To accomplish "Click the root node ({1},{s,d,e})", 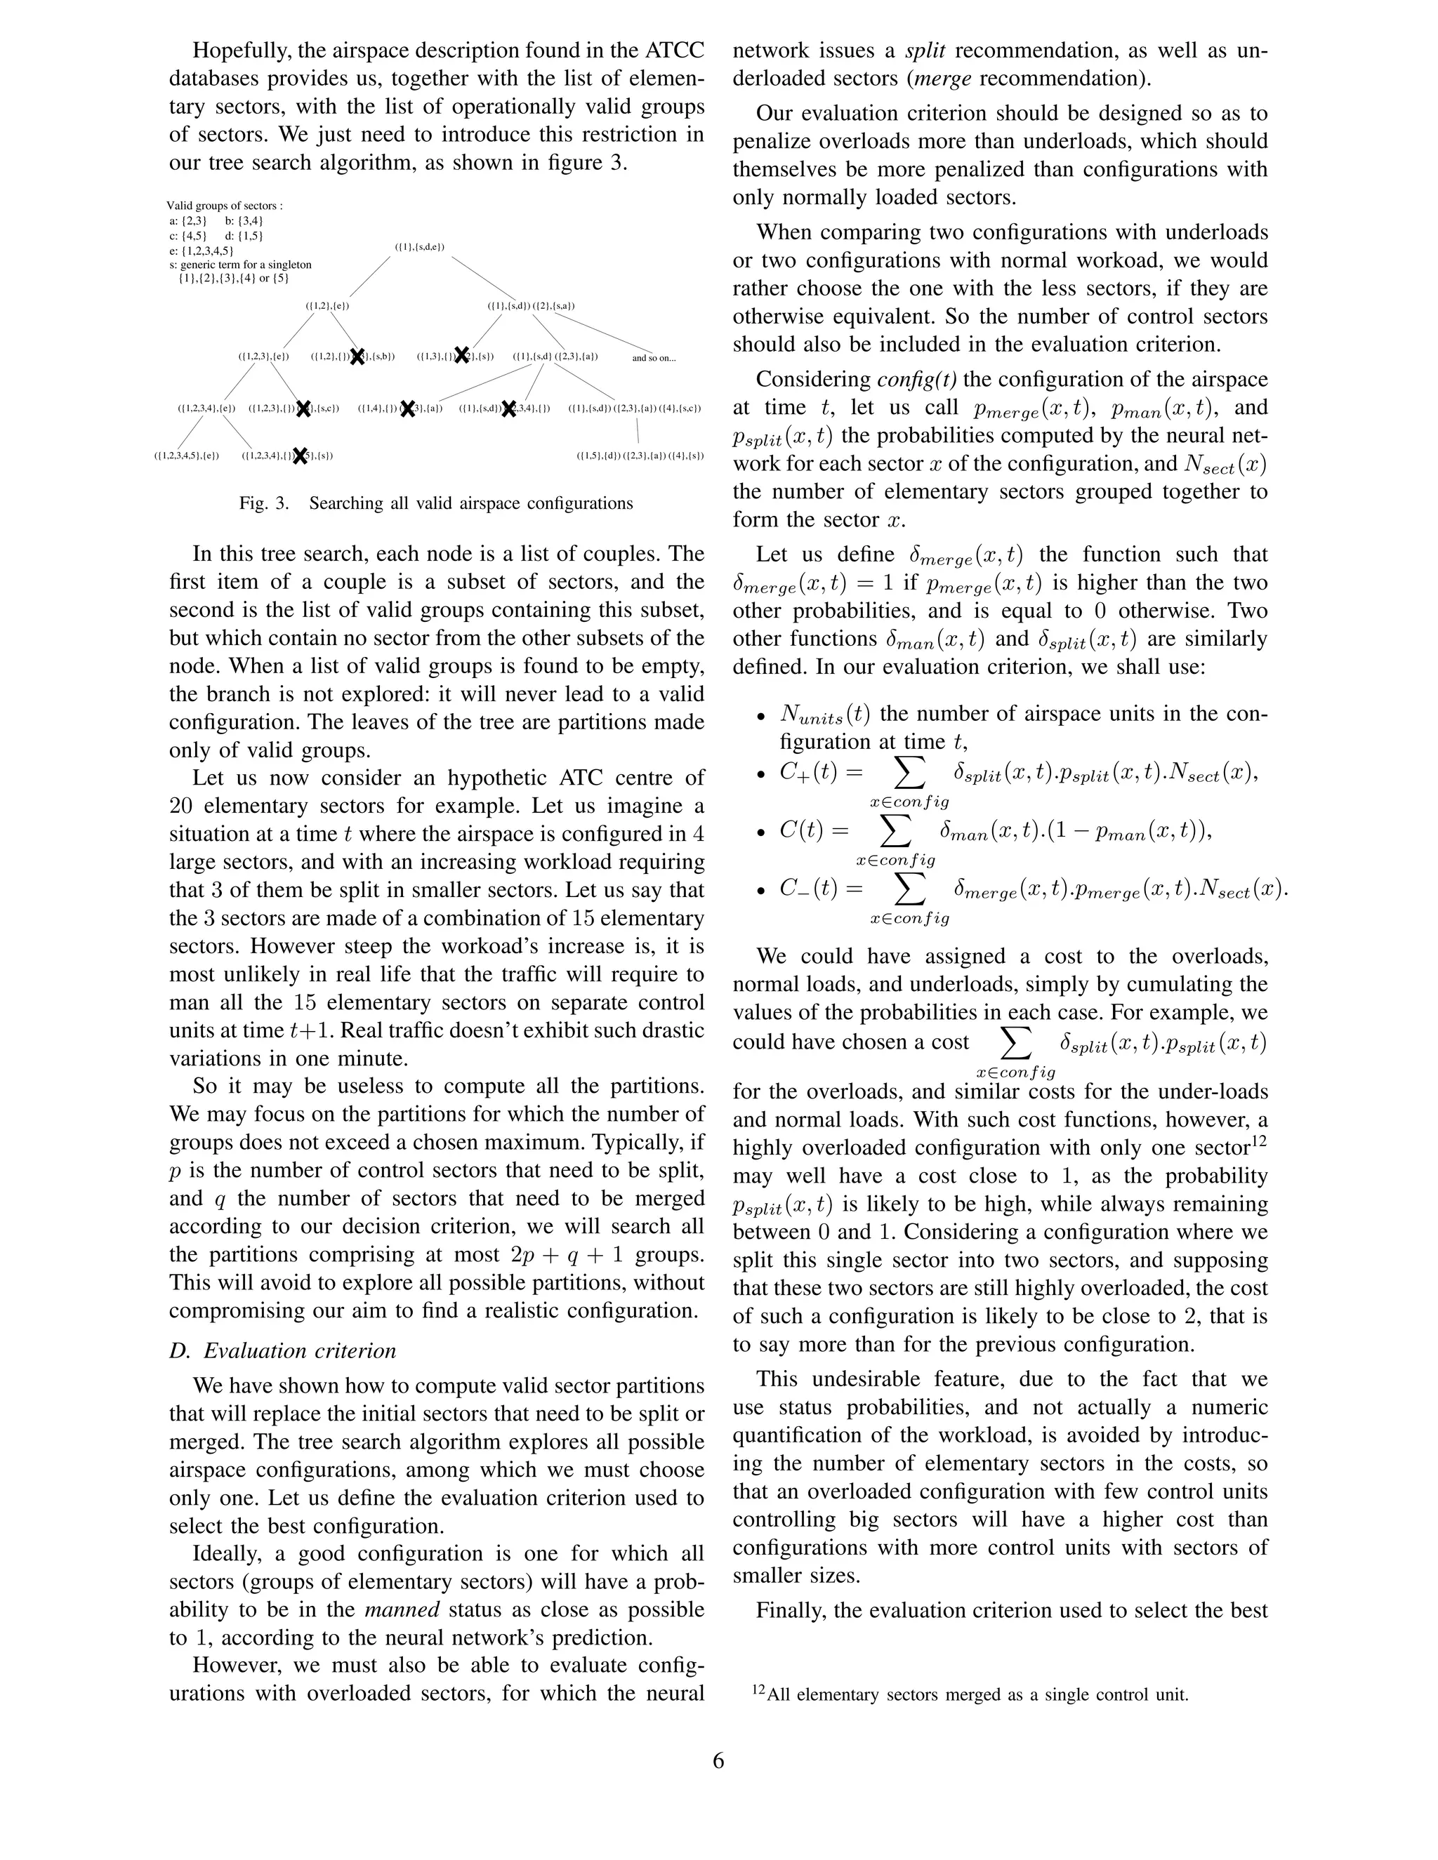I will click(x=420, y=248).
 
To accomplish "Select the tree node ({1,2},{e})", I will click(x=328, y=305).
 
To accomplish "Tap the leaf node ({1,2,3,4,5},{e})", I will click(x=187, y=456).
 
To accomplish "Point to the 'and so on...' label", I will click(x=654, y=358).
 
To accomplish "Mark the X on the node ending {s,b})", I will click(x=359, y=357).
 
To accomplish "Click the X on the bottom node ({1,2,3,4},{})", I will click(x=300, y=456).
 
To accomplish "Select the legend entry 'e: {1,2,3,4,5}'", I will click(x=201, y=251).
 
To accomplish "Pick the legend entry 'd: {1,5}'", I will click(x=244, y=236).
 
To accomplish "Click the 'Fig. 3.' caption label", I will click(x=264, y=503).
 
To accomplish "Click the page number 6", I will click(x=718, y=1760).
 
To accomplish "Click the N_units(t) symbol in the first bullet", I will click(x=824, y=714).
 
